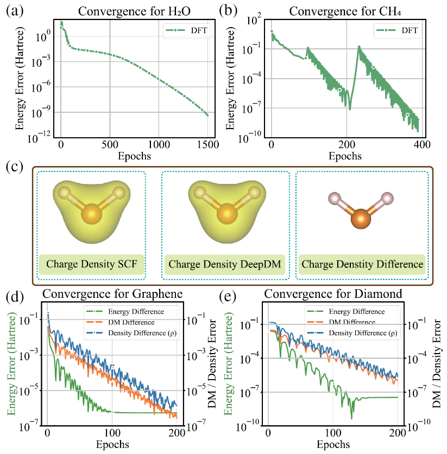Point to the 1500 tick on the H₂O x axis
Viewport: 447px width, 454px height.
click(x=207, y=145)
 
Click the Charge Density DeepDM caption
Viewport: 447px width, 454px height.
click(x=224, y=265)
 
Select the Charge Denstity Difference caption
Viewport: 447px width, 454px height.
click(x=362, y=265)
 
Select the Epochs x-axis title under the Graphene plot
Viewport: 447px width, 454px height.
click(x=113, y=445)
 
